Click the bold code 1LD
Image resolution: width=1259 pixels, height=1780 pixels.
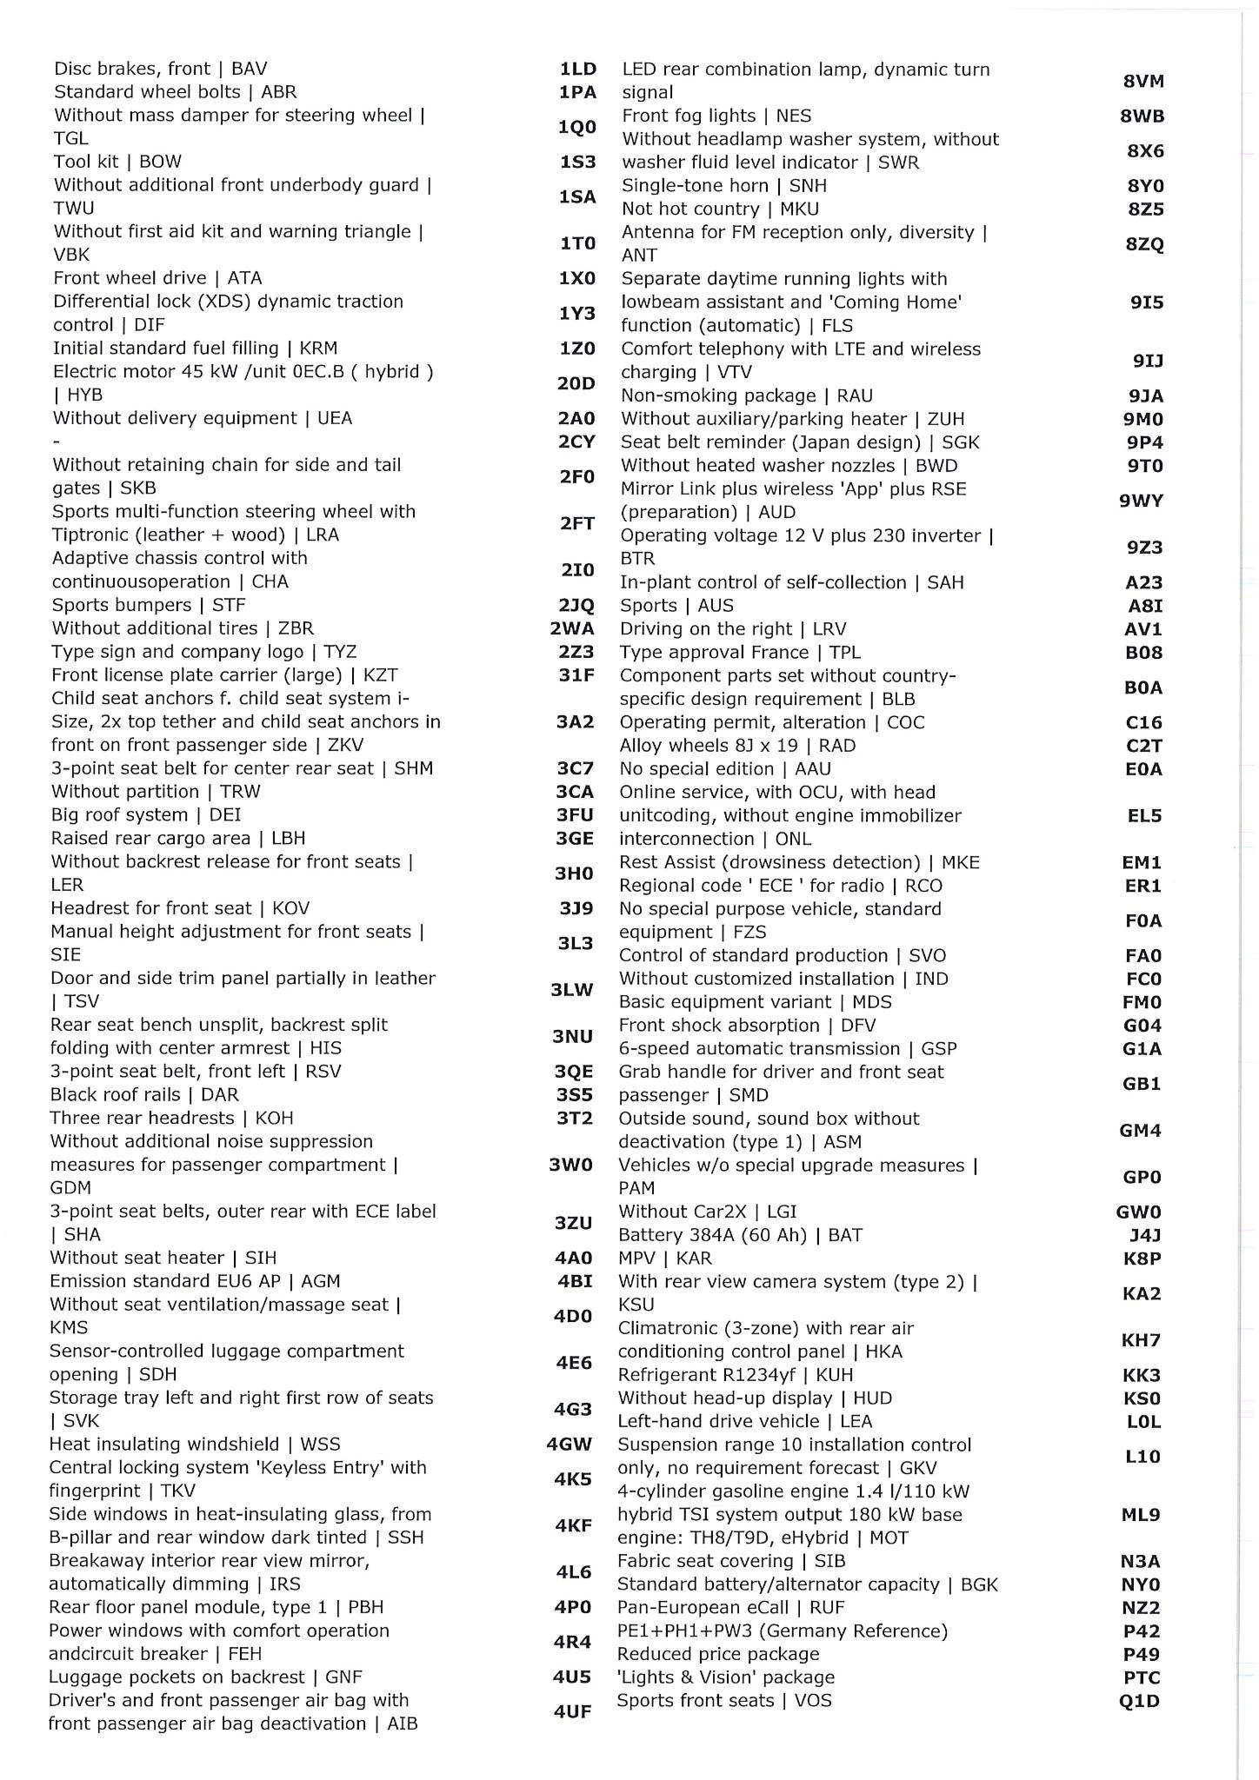pos(577,69)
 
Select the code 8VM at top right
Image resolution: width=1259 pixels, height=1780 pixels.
pos(1143,81)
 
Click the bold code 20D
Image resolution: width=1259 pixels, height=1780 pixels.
pos(576,383)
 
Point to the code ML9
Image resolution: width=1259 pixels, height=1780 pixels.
pos(1141,1514)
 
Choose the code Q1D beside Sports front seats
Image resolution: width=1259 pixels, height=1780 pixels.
pos(1140,1701)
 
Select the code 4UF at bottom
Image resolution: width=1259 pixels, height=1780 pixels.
pos(572,1711)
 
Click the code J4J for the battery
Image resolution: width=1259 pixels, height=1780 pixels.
pos(1144,1235)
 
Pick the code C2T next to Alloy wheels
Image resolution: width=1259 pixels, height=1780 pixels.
pos(1143,746)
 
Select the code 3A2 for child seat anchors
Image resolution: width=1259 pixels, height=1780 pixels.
pos(575,721)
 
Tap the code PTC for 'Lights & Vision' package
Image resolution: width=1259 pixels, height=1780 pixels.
pos(1142,1677)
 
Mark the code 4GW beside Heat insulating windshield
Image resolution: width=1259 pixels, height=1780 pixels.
pos(570,1444)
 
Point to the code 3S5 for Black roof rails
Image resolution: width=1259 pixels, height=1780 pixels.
pos(575,1094)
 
